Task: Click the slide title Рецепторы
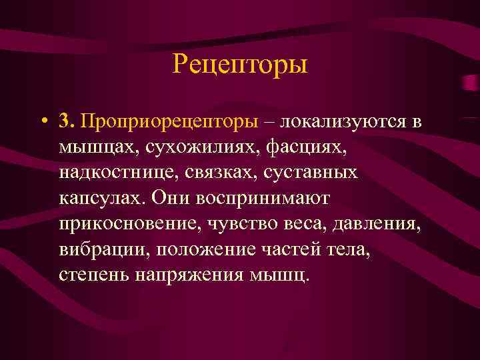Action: (240, 65)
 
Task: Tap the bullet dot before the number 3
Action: (43, 123)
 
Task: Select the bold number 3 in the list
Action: (65, 121)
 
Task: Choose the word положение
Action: (195, 249)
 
